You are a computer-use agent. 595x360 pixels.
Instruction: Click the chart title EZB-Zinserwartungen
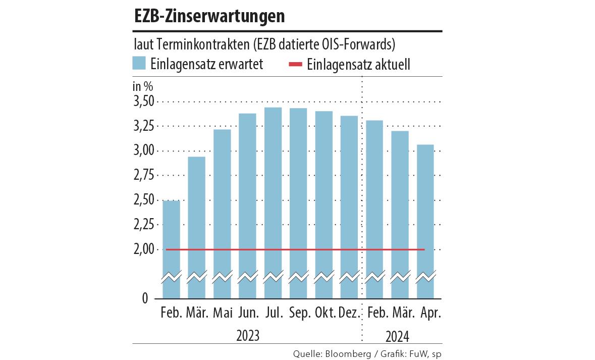[209, 17]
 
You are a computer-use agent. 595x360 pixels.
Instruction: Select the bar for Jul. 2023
[273, 202]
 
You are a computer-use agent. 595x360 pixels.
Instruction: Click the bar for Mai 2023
[222, 212]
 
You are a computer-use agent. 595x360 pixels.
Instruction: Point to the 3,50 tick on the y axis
[143, 102]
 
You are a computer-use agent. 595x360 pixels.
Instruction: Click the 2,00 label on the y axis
[143, 250]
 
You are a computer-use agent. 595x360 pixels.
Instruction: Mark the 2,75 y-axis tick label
[143, 176]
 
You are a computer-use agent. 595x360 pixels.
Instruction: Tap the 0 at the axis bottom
[145, 298]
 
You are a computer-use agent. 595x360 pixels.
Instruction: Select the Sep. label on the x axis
[300, 313]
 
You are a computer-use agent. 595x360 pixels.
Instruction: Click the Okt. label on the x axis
[325, 313]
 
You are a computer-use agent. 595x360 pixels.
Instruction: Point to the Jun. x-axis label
[248, 313]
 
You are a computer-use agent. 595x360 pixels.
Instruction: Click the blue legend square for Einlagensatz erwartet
[139, 64]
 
